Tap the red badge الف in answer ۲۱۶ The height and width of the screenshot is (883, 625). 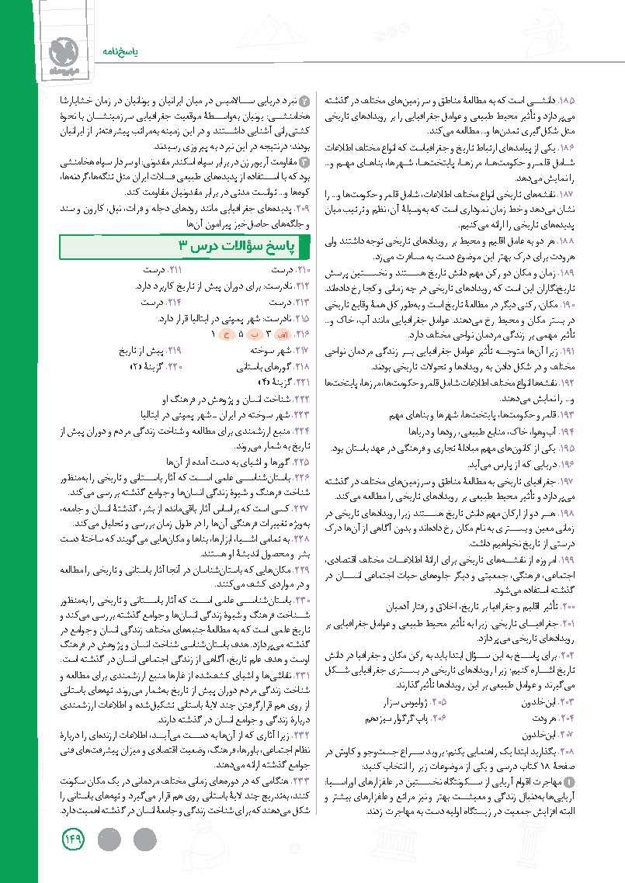[x=283, y=334]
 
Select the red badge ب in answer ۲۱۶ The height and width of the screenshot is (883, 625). [x=254, y=334]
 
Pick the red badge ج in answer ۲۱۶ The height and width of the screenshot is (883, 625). [x=227, y=334]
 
